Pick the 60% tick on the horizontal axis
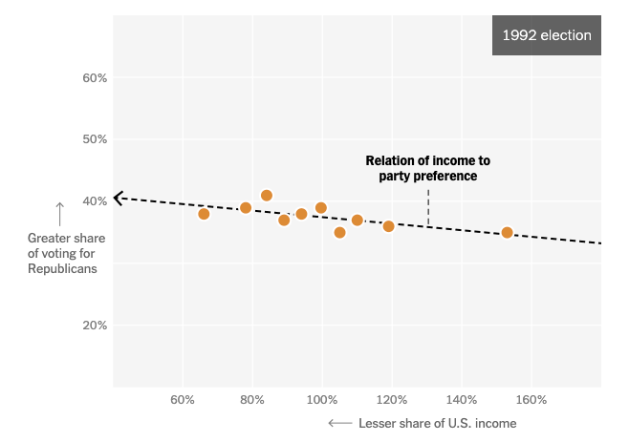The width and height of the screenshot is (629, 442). point(183,398)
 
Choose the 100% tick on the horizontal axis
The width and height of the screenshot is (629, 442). point(322,398)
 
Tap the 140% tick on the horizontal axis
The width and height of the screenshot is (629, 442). point(462,398)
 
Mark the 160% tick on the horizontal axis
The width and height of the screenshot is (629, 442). point(531,398)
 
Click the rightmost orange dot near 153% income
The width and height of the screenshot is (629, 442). point(508,233)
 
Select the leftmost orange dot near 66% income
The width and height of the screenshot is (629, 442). point(204,214)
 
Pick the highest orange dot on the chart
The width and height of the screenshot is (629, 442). point(267,196)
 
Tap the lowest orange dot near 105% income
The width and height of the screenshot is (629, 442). point(339,233)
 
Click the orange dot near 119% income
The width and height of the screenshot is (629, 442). point(389,226)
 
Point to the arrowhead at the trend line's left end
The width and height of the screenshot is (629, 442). point(118,199)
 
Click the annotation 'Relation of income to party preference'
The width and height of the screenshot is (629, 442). point(427,169)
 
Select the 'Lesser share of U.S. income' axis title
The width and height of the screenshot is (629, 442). point(437,423)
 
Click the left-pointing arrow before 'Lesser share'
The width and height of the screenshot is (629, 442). point(338,423)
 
